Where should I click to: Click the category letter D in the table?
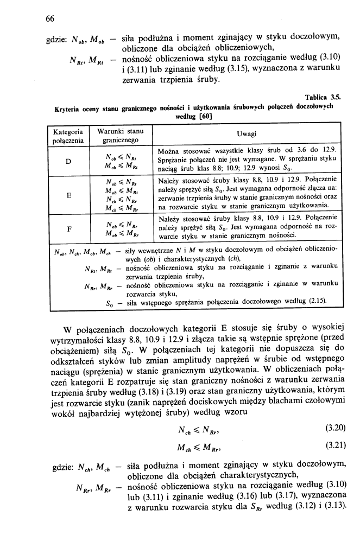pos(68,161)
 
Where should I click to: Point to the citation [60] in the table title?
pos(205,116)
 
